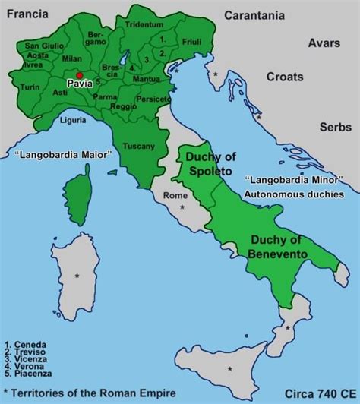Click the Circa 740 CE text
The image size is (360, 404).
319,394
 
